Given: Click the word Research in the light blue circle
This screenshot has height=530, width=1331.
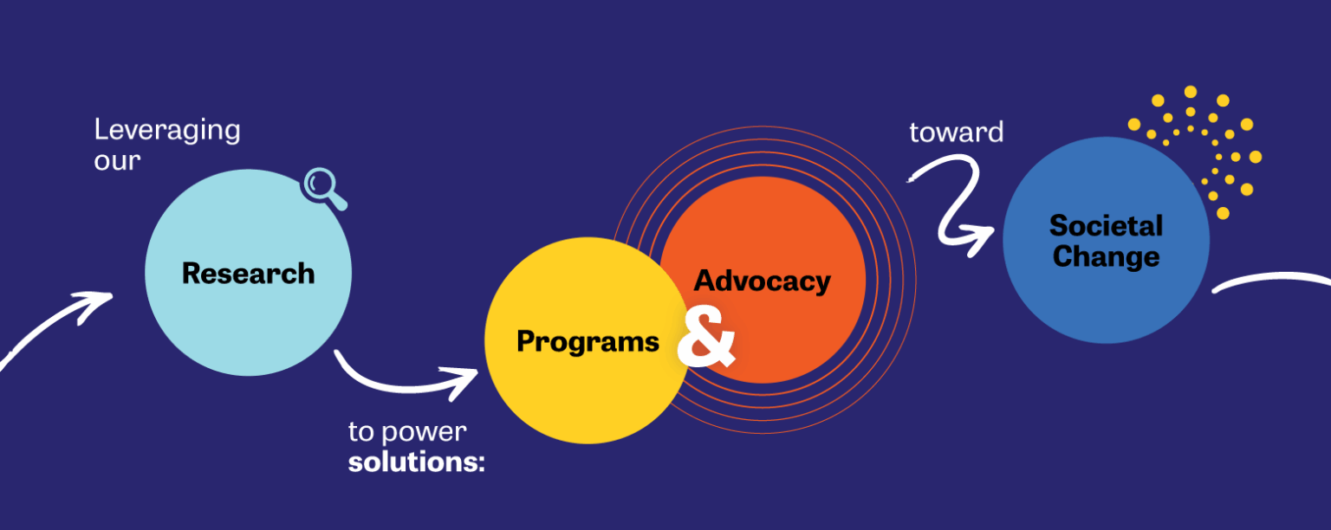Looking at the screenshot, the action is point(249,274).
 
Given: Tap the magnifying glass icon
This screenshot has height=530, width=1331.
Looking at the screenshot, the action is point(324,188).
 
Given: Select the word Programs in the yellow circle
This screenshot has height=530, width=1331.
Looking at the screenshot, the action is point(588,342).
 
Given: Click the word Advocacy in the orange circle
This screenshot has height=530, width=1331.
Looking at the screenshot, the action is point(763,281).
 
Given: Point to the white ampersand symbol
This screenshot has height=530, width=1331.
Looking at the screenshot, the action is point(706,339).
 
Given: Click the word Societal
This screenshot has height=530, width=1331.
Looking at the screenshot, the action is point(1106,226).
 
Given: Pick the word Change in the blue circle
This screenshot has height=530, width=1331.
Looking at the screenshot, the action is point(1106,256).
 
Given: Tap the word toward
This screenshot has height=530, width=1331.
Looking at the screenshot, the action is point(956,132).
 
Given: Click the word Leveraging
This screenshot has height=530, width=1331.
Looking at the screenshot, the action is point(167,130).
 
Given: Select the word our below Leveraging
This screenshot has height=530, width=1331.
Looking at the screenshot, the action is point(117,160).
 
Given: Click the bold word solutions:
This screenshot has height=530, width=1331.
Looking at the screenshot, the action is point(416,462).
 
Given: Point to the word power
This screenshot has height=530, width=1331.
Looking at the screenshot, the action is point(424,433).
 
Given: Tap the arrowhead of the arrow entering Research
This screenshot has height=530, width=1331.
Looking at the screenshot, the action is point(95,304).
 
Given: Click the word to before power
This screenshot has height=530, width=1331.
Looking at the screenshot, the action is point(360,432).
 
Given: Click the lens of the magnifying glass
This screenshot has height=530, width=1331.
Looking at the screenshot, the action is point(318,183).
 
